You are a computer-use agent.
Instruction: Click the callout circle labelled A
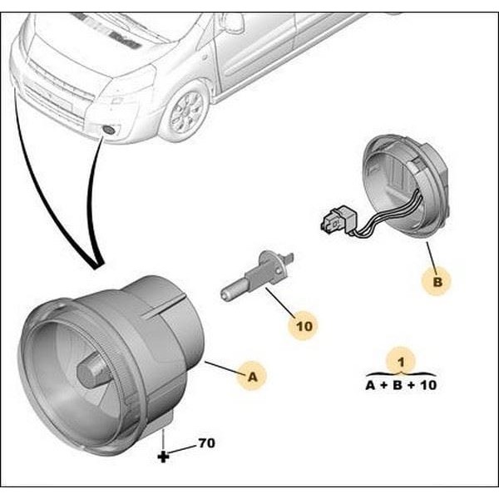pyautogui.click(x=254, y=377)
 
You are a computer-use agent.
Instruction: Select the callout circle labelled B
pyautogui.click(x=438, y=282)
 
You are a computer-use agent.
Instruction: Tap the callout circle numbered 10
pyautogui.click(x=304, y=326)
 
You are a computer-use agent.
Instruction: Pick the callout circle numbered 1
pyautogui.click(x=401, y=362)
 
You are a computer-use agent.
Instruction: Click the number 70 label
pyautogui.click(x=206, y=443)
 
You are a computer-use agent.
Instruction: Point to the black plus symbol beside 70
pyautogui.click(x=163, y=457)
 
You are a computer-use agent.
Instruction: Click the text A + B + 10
pyautogui.click(x=401, y=386)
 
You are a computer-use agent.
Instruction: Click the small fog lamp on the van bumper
pyautogui.click(x=109, y=130)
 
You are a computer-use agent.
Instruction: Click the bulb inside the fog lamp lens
pyautogui.click(x=91, y=371)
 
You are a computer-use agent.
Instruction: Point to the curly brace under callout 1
pyautogui.click(x=401, y=374)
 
